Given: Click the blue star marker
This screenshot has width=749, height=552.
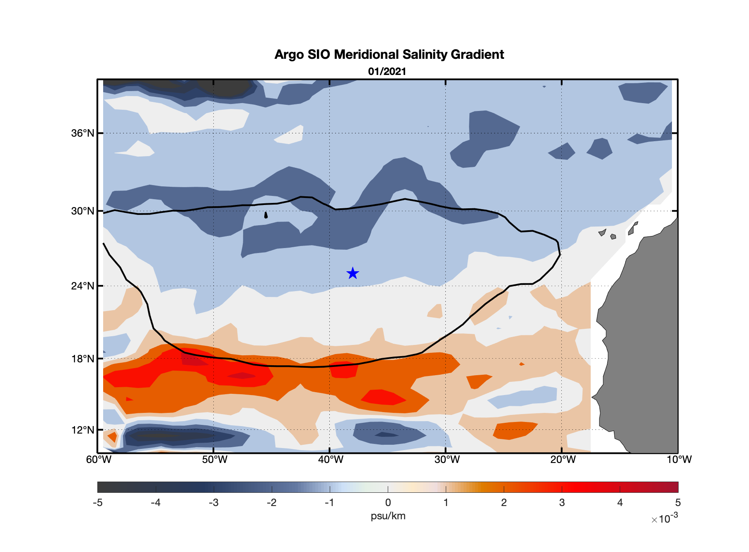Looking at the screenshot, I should [x=353, y=273].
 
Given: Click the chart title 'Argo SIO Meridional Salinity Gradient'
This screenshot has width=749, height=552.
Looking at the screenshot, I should [x=389, y=55].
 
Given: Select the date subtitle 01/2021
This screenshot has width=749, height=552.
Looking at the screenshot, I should [x=387, y=72].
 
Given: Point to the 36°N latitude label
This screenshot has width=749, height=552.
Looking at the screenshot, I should [x=83, y=133].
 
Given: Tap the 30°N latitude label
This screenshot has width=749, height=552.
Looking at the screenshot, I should [x=83, y=211].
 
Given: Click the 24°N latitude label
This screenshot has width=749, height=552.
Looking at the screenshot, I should [x=83, y=286].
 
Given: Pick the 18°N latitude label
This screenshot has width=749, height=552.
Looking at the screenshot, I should [x=83, y=359].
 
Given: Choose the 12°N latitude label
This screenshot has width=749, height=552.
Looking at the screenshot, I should [x=83, y=430].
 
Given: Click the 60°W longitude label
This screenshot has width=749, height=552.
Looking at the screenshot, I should [x=99, y=460].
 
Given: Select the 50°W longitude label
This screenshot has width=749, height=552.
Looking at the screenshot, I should [x=215, y=460].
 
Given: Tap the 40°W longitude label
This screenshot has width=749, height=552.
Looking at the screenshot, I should [x=331, y=460].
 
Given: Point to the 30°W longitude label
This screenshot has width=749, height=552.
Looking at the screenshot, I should [x=447, y=460].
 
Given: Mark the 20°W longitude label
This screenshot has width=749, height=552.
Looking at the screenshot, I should [x=563, y=460].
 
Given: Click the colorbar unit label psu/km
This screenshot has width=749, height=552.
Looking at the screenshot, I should [x=388, y=516].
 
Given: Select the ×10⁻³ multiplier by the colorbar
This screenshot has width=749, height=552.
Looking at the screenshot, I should [x=664, y=518].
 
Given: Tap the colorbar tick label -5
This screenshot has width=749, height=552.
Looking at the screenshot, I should [x=97, y=503].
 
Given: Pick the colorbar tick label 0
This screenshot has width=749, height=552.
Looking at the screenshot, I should [x=388, y=503].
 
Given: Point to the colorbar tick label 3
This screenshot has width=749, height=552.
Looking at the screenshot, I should [x=562, y=503].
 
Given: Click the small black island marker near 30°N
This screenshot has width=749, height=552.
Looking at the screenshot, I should [x=266, y=215].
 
